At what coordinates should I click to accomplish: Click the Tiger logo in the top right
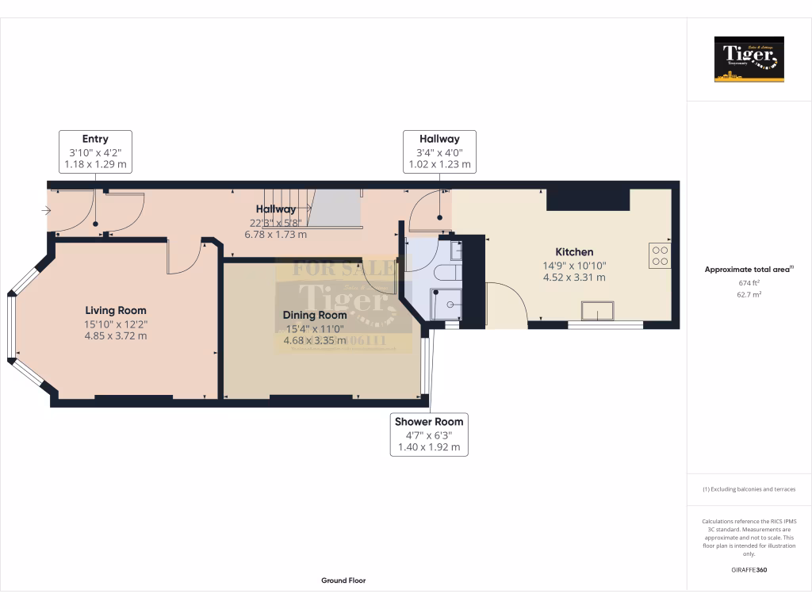click(x=749, y=59)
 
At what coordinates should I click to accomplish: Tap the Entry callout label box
click(x=95, y=152)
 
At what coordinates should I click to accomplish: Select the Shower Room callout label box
click(x=429, y=435)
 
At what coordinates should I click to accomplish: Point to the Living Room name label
click(x=116, y=310)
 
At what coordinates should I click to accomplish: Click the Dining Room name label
click(x=315, y=315)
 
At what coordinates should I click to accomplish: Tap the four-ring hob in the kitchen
click(x=660, y=256)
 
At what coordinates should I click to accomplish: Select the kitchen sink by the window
click(x=599, y=311)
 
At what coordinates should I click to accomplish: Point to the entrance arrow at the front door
click(x=47, y=211)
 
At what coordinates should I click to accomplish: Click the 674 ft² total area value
click(x=749, y=282)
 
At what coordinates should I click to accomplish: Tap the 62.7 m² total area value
click(x=749, y=294)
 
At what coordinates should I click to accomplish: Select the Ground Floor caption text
click(x=343, y=580)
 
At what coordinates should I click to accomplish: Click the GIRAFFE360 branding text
click(x=749, y=570)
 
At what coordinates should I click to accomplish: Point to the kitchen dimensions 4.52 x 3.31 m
click(x=574, y=278)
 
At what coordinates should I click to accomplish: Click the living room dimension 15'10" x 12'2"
click(x=116, y=324)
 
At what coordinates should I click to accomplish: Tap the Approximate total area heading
click(x=749, y=270)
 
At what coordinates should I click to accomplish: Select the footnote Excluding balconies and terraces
click(x=749, y=489)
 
